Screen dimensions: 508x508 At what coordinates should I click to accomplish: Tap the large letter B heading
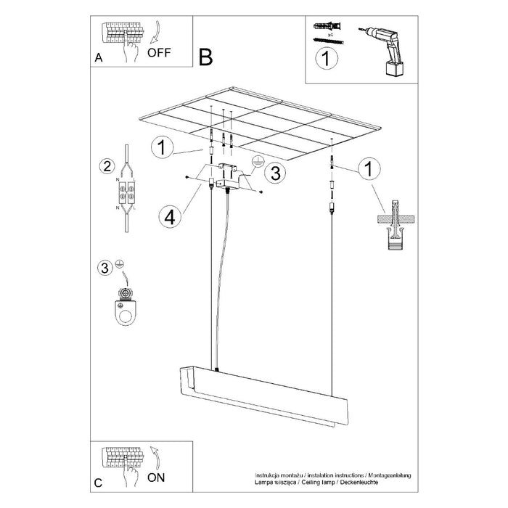click(x=206, y=57)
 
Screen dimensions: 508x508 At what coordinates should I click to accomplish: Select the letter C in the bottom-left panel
click(x=98, y=481)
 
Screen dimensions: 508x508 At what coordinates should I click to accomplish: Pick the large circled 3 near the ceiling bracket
click(x=273, y=173)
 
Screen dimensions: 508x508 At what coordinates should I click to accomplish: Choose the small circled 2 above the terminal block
click(x=106, y=165)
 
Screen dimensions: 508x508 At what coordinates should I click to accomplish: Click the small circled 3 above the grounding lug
click(x=105, y=268)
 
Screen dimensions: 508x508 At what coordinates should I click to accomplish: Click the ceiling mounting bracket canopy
click(x=227, y=176)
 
